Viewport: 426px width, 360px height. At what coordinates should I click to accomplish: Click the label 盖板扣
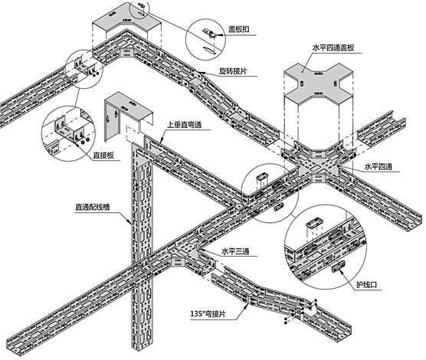(238, 29)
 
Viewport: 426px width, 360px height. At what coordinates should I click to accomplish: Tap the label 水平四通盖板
(333, 47)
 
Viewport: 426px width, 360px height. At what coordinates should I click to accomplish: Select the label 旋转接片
(233, 71)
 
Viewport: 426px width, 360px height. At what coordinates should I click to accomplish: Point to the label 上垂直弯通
(185, 125)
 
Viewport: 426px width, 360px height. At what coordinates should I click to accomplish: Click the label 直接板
(103, 155)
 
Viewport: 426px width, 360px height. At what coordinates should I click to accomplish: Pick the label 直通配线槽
(93, 208)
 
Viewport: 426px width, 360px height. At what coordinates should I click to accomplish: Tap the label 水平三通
(235, 251)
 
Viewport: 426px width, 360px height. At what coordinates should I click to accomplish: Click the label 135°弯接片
(208, 314)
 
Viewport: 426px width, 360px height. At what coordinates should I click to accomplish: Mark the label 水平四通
(378, 166)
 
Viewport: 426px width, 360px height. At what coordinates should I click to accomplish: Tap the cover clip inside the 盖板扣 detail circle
(209, 33)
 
